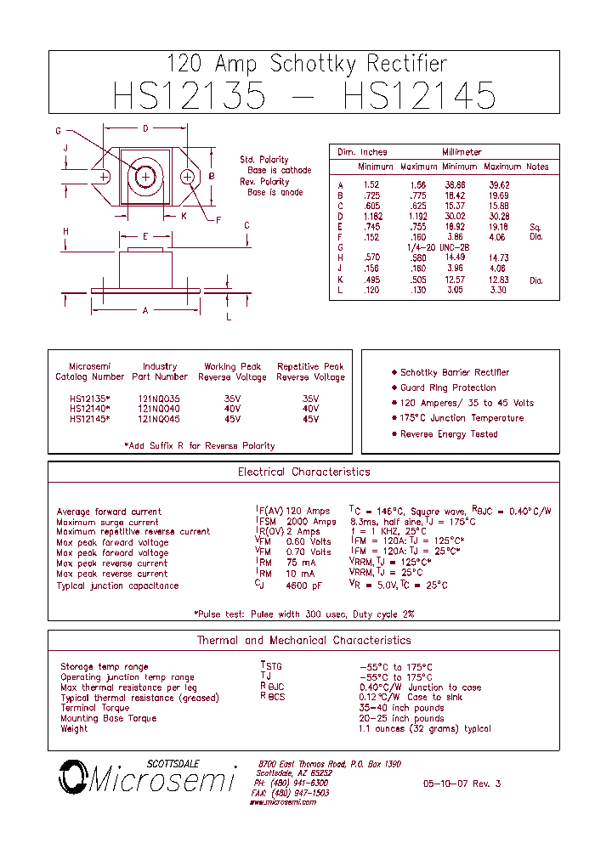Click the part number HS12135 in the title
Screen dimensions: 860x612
[189, 95]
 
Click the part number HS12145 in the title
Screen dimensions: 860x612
[419, 95]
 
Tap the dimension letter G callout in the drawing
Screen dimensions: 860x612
[59, 131]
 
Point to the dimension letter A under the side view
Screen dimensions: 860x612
[145, 311]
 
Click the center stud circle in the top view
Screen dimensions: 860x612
[146, 176]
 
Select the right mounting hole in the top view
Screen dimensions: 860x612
[189, 176]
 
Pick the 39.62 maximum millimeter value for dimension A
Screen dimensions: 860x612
[498, 184]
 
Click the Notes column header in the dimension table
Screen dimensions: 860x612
[537, 167]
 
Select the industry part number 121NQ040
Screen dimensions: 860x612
[159, 409]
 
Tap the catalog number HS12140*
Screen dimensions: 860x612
[89, 409]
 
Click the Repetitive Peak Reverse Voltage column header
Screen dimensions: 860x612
[310, 371]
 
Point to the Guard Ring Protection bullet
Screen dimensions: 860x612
[448, 388]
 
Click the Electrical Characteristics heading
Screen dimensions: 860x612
[303, 472]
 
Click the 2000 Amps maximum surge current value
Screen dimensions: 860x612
[311, 522]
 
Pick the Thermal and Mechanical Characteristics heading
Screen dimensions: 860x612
[303, 641]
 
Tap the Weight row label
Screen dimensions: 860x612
[74, 728]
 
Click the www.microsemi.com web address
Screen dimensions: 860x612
[283, 802]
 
